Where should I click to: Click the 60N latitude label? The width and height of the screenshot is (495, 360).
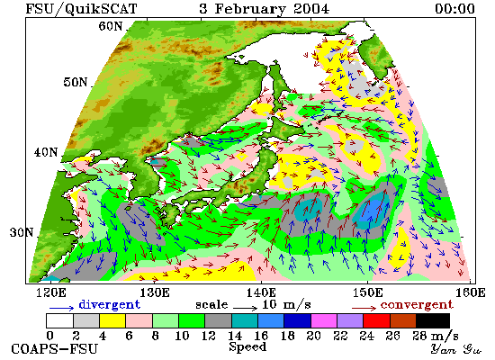coord(110,26)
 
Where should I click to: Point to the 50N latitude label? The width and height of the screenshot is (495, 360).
coord(75,82)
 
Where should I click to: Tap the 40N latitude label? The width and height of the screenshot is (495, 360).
coord(46,152)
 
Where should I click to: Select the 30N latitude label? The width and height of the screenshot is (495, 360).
coord(22,233)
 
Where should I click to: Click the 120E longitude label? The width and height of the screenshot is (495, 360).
coord(50,292)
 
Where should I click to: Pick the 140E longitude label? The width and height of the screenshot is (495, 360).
coord(261,292)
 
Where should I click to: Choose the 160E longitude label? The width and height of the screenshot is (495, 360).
coord(471,292)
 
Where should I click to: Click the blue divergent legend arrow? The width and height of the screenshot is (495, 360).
coord(61,308)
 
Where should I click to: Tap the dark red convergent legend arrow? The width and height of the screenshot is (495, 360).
coord(364,308)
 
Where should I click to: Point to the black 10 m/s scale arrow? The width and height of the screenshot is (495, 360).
coord(246,307)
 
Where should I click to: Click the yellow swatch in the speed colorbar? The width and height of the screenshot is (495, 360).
coord(112,320)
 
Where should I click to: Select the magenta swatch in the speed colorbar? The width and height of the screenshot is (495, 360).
coord(324,320)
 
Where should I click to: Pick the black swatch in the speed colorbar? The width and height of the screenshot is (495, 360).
coord(433,320)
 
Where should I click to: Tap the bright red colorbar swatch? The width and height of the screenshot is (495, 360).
coord(376,320)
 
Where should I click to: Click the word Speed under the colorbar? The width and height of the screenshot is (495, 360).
coord(247,346)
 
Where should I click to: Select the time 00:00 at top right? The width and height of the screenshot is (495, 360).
coord(454,8)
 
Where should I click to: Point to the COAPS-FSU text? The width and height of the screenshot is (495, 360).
coord(55,349)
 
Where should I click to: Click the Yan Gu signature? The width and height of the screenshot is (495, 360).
coord(456,349)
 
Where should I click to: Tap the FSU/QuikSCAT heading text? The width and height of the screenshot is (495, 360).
coord(81,9)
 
